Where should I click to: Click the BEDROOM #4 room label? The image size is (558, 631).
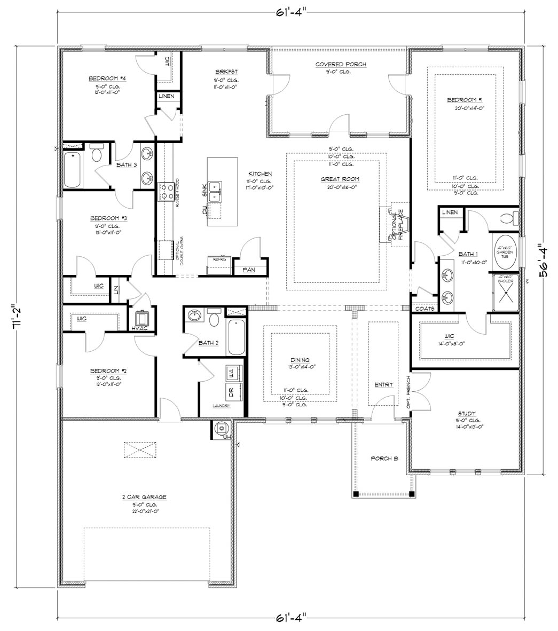(x=107, y=78)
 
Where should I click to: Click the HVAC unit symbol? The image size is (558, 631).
(x=142, y=319)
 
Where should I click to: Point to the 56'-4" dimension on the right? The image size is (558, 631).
(x=545, y=263)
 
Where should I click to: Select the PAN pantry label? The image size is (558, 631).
(x=249, y=270)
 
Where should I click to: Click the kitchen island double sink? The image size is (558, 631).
(x=216, y=192)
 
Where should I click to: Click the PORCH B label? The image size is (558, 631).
(x=382, y=459)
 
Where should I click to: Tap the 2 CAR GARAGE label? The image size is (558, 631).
(x=144, y=496)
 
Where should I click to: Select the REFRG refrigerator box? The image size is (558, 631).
(x=219, y=264)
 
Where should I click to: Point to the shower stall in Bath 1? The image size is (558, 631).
(x=504, y=292)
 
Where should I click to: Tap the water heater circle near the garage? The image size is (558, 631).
(x=221, y=428)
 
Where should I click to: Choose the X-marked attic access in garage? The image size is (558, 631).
(x=141, y=449)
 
